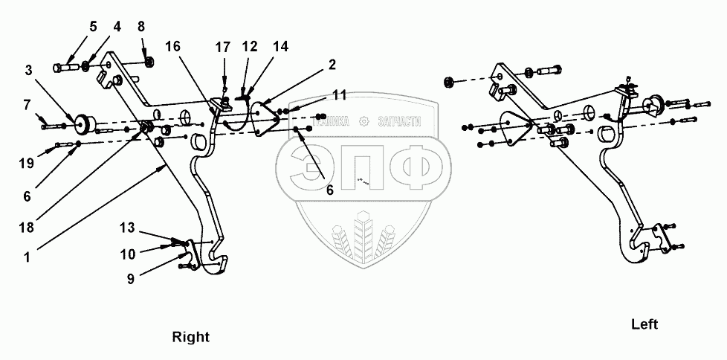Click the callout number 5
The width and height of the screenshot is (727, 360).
pyautogui.click(x=93, y=27)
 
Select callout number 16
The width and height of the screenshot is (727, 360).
pyautogui.click(x=172, y=45)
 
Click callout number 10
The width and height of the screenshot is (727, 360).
pyautogui.click(x=129, y=254)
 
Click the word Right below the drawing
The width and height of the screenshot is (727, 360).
pyautogui.click(x=191, y=336)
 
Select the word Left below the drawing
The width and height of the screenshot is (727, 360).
pyautogui.click(x=645, y=324)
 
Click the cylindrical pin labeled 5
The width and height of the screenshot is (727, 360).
pyautogui.click(x=66, y=68)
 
